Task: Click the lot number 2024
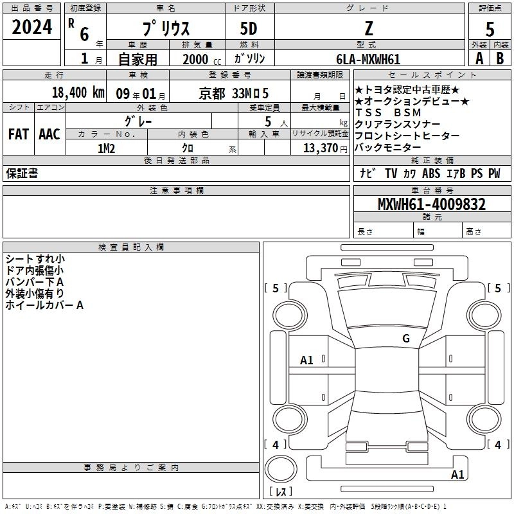click(x=31, y=27)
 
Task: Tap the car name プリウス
click(x=166, y=28)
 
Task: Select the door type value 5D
click(x=249, y=28)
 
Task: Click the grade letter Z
click(x=369, y=28)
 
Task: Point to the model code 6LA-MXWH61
click(x=368, y=59)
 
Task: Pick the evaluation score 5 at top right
click(x=490, y=30)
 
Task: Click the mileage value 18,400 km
click(x=78, y=93)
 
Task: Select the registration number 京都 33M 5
click(x=234, y=94)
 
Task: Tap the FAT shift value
click(x=19, y=134)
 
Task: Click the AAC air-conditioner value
click(x=49, y=134)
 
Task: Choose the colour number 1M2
click(x=106, y=148)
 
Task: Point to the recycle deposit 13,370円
click(x=325, y=148)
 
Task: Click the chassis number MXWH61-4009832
click(x=432, y=204)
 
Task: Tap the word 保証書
click(x=22, y=173)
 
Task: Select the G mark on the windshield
click(x=406, y=339)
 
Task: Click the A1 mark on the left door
click(x=306, y=360)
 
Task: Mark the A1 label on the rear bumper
click(x=457, y=475)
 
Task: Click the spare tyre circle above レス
click(x=281, y=469)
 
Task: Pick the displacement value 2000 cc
click(x=202, y=60)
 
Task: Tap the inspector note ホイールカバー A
click(x=44, y=305)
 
